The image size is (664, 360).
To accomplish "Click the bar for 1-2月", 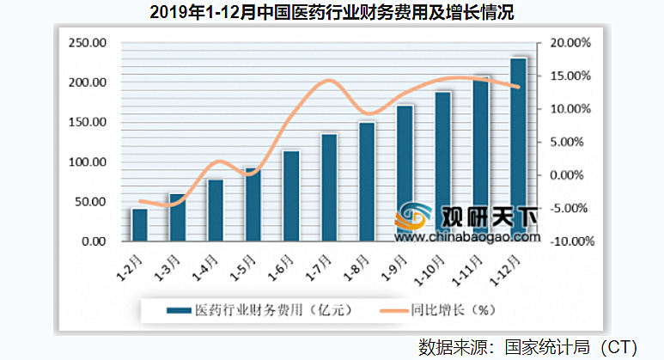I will [139, 225].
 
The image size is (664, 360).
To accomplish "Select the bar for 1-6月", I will [291, 197].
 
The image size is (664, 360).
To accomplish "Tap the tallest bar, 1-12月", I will [518, 150].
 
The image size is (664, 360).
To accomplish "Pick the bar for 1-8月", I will [367, 182].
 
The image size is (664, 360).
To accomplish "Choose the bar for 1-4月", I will [215, 211].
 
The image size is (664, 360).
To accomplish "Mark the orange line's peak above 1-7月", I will [328, 81].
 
